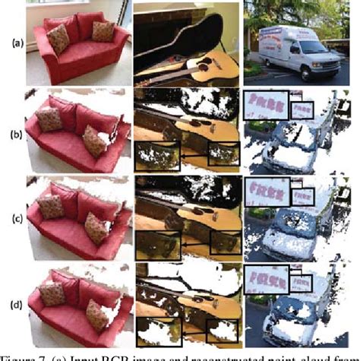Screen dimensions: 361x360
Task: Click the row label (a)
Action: (11, 43)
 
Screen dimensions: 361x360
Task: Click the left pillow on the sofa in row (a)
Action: (58, 36)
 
